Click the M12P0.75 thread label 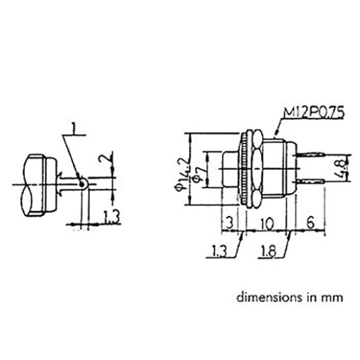313,113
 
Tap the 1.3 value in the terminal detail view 111,217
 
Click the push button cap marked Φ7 227,169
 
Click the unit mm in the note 329,297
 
